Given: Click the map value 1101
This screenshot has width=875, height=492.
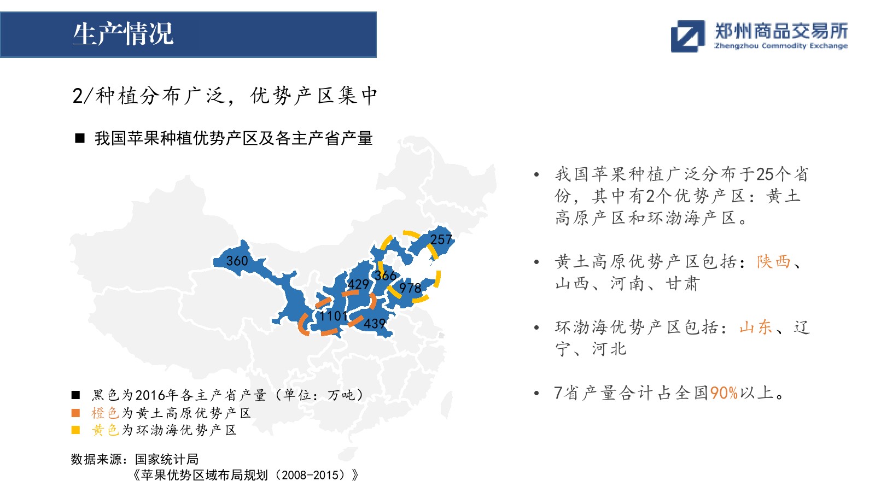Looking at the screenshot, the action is click(333, 316).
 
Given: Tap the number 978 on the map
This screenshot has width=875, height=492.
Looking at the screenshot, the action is click(410, 288).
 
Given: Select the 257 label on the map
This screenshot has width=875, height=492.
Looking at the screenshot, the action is click(441, 239).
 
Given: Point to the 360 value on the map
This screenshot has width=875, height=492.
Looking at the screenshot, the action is click(237, 260).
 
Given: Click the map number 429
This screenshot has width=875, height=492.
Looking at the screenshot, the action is click(358, 284).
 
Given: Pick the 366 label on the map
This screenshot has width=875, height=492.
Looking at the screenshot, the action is click(386, 276).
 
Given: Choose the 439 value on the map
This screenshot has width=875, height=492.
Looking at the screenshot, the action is click(375, 323).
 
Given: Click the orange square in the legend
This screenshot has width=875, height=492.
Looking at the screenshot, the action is click(76, 413).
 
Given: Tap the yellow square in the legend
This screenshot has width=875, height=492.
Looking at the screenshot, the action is click(76, 430).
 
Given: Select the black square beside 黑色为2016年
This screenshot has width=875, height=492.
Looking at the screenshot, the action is click(76, 395).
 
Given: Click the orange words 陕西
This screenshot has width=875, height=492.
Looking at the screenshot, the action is click(773, 262).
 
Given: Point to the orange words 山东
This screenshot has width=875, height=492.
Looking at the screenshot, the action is click(756, 327).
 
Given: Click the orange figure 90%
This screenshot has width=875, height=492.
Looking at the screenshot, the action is click(724, 393).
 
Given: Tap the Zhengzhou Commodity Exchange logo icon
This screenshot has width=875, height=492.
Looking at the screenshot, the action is click(687, 36).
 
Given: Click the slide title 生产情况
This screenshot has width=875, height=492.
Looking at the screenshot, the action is click(122, 34).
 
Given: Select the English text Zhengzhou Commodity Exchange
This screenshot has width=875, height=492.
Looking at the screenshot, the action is click(781, 46).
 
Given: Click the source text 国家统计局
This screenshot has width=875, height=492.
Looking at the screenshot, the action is click(167, 459).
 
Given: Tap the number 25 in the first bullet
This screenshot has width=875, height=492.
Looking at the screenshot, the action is click(765, 174).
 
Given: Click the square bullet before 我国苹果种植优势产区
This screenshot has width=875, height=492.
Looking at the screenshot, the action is click(80, 138).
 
